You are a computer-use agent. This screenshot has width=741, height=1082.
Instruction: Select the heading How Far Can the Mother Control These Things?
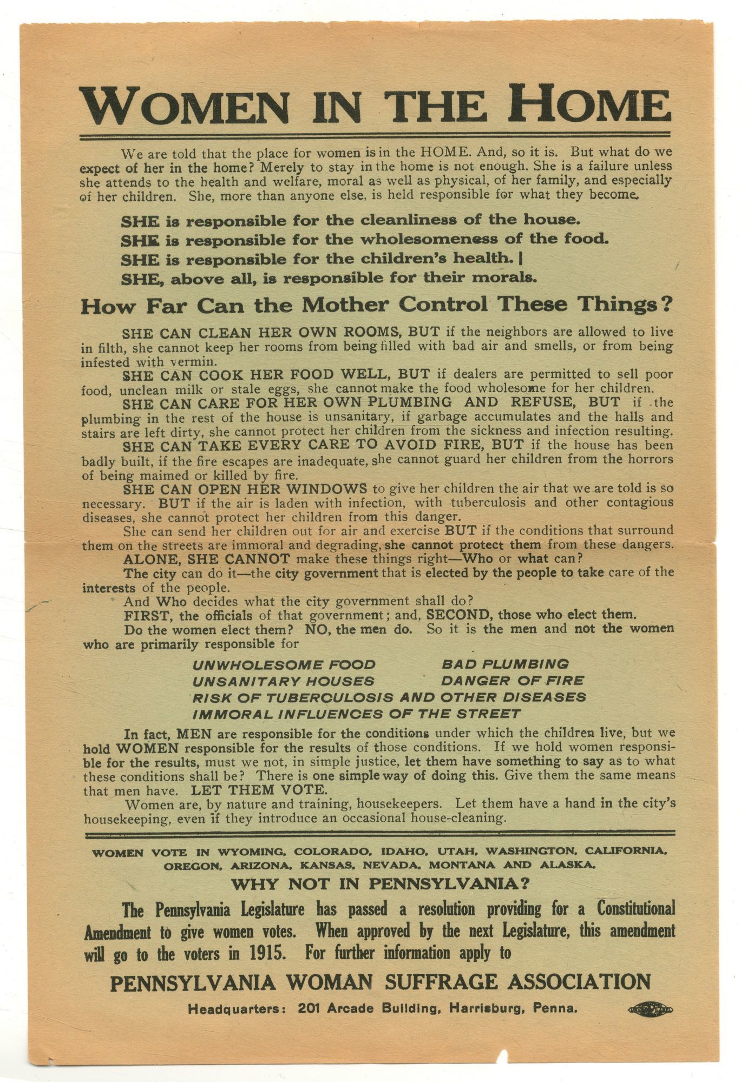pyautogui.click(x=377, y=306)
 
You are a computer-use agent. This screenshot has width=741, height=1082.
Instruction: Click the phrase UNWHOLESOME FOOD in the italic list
pyautogui.click(x=284, y=664)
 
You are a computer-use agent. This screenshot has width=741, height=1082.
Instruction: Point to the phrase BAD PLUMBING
pyautogui.click(x=505, y=664)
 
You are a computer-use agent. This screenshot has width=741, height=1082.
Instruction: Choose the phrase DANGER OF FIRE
pyautogui.click(x=513, y=681)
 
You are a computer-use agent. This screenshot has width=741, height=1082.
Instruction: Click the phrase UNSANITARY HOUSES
pyautogui.click(x=283, y=681)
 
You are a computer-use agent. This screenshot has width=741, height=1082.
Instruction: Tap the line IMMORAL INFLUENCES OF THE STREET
pyautogui.click(x=357, y=714)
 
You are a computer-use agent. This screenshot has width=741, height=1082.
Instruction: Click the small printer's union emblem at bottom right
pyautogui.click(x=650, y=1010)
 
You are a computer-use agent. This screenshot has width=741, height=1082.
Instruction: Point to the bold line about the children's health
pyautogui.click(x=322, y=259)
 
